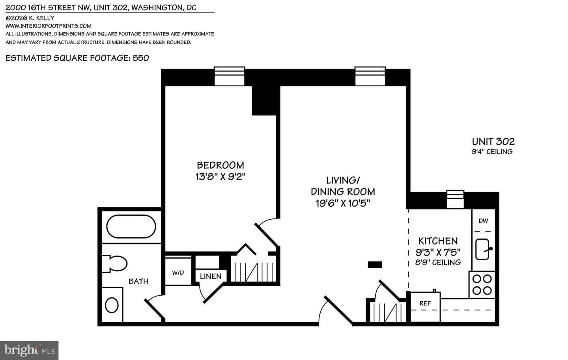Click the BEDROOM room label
(220, 165)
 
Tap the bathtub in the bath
(131, 226)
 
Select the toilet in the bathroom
(114, 264)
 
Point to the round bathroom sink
(112, 305)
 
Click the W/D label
(178, 273)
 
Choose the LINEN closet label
(211, 276)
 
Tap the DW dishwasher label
(483, 221)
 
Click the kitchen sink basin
(482, 249)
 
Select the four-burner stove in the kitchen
(482, 285)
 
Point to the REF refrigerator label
(425, 303)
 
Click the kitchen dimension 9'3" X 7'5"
(438, 252)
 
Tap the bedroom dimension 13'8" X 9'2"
(220, 177)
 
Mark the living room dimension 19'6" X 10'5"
(343, 203)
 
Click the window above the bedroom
(230, 76)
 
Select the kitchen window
(455, 199)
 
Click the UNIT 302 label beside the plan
(493, 142)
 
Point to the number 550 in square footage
(141, 58)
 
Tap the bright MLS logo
(29, 351)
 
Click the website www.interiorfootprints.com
(49, 26)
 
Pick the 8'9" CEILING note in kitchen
(438, 262)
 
